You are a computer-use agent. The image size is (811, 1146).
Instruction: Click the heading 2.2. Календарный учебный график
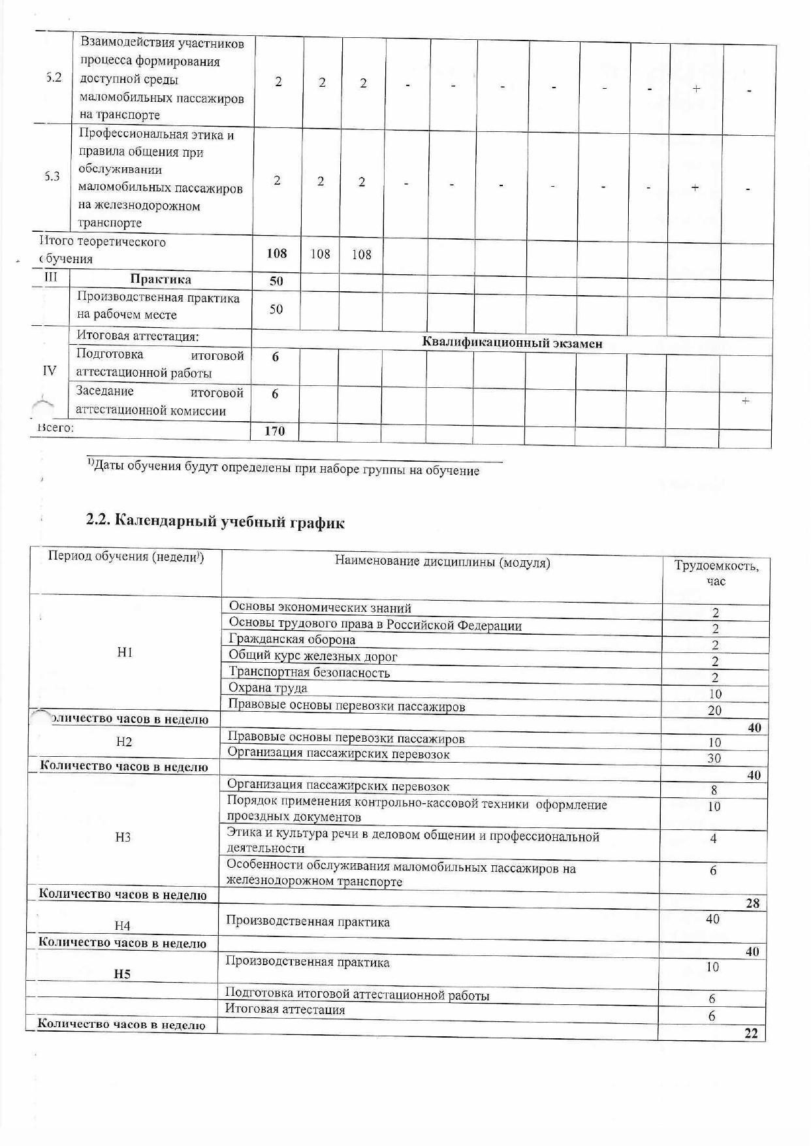(x=215, y=522)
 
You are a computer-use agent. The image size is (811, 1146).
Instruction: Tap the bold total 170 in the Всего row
(x=275, y=431)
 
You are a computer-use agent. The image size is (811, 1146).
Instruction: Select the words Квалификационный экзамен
(x=512, y=343)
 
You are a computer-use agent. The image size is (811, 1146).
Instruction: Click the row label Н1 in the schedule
(x=125, y=652)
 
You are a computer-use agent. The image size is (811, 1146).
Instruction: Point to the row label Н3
(x=123, y=837)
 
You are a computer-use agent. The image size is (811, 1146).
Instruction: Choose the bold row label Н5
(x=122, y=974)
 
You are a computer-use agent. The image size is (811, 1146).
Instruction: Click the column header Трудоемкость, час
(x=716, y=573)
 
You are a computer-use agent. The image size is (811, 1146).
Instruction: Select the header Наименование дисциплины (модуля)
(x=442, y=562)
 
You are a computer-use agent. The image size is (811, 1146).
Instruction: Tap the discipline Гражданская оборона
(x=292, y=640)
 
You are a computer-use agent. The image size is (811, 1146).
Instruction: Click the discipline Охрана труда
(x=268, y=688)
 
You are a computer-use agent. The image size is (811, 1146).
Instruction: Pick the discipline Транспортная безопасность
(x=309, y=673)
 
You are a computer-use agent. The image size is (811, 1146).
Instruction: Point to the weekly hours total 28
(x=752, y=904)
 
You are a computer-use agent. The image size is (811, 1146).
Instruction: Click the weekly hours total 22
(x=751, y=1034)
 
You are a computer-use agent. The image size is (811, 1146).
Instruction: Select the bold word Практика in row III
(x=161, y=279)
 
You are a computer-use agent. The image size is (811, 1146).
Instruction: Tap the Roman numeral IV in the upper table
(x=49, y=371)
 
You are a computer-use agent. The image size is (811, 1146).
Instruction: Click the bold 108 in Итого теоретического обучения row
(x=277, y=253)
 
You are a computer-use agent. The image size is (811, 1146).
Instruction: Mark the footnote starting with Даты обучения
(x=286, y=469)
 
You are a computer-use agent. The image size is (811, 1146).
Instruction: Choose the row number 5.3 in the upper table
(x=52, y=176)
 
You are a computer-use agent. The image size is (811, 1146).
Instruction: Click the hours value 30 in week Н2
(x=714, y=758)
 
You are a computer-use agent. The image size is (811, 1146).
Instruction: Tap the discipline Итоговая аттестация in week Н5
(x=285, y=1010)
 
